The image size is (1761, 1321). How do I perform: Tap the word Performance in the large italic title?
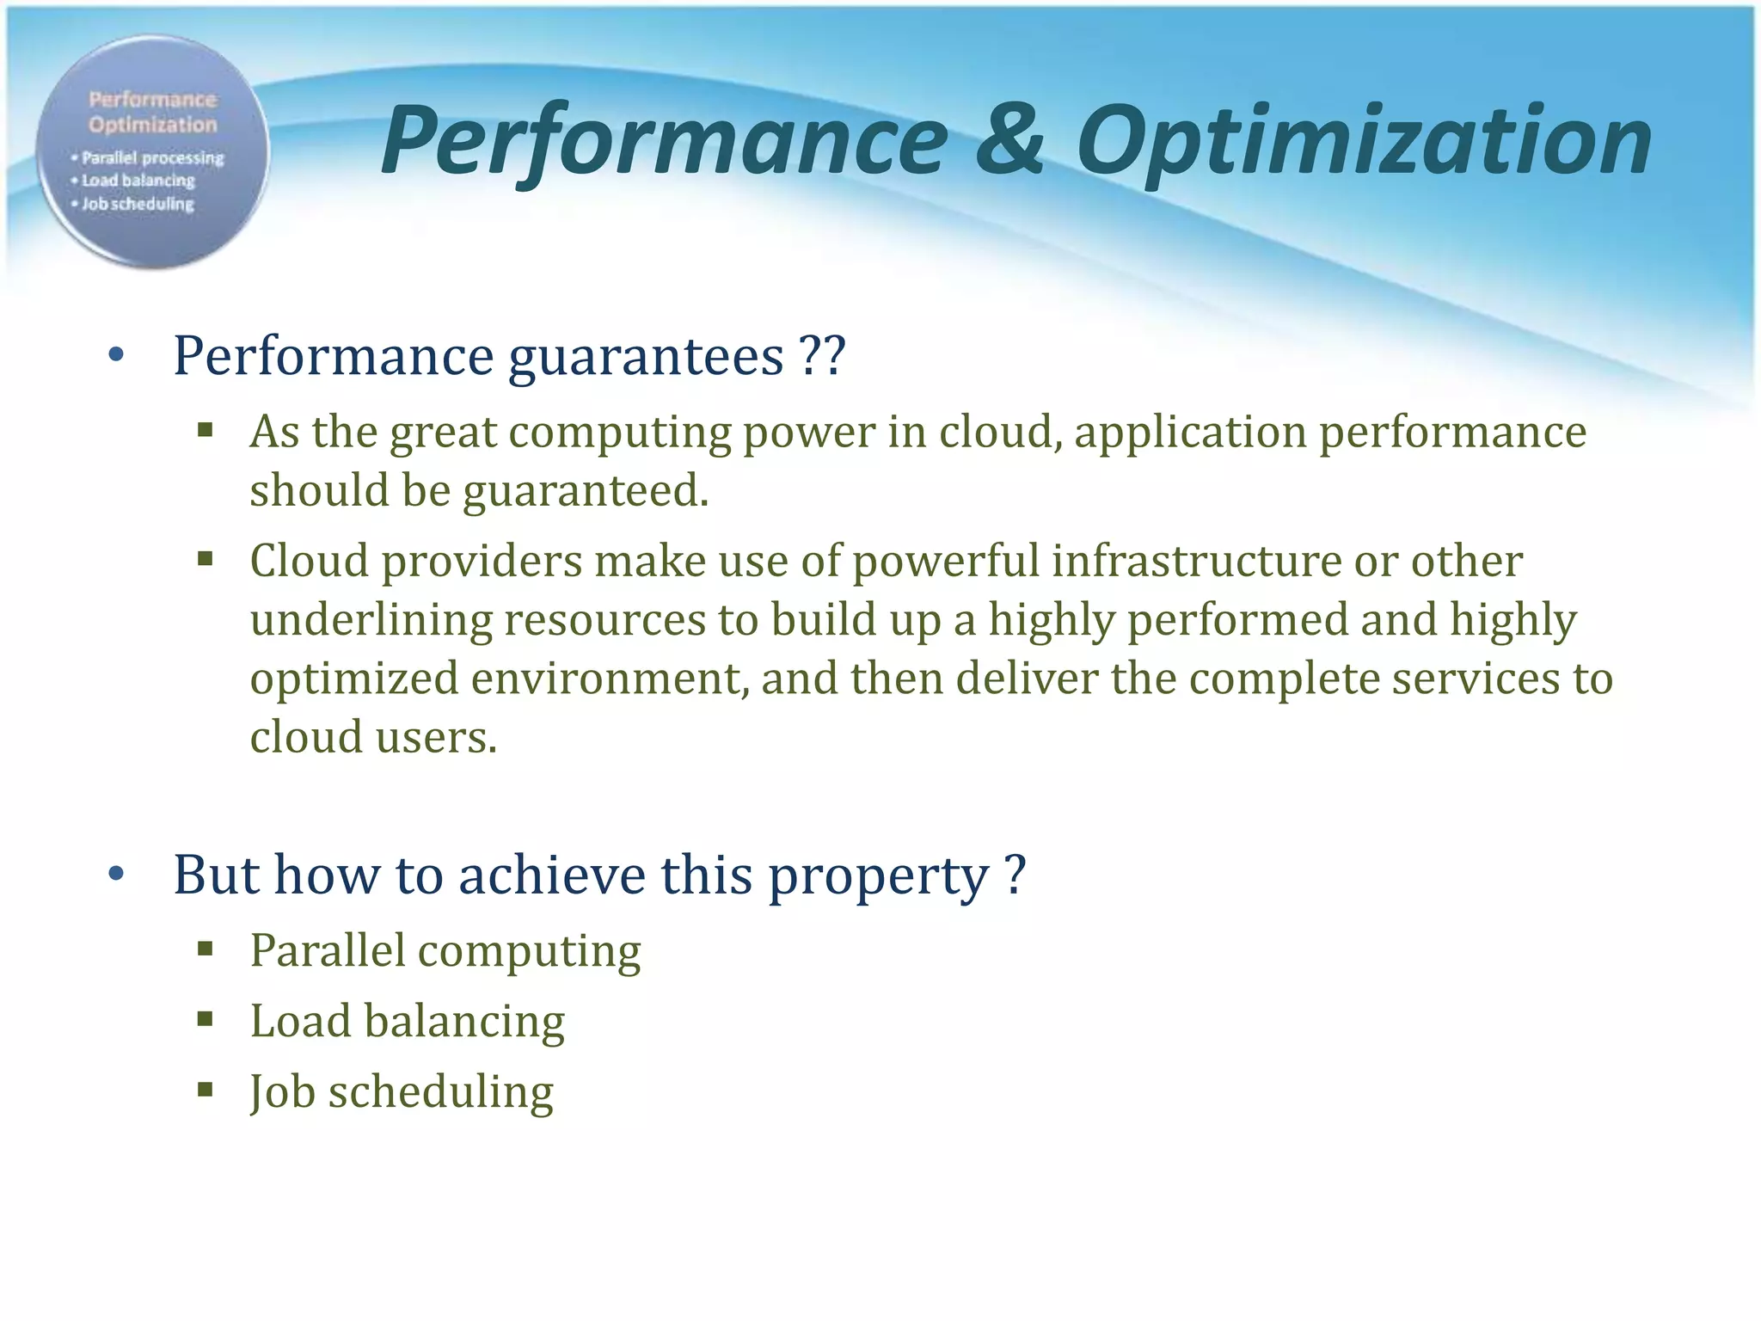point(664,142)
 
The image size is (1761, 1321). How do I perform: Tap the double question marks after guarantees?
point(822,355)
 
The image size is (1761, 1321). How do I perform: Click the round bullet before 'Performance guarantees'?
point(117,355)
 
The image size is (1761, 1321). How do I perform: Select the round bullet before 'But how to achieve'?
point(117,875)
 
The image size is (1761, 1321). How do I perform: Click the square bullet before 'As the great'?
point(205,429)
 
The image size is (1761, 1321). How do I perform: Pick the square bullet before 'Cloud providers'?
point(205,560)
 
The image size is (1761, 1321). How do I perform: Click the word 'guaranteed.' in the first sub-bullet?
point(586,491)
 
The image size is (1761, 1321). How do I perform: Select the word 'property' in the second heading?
point(877,876)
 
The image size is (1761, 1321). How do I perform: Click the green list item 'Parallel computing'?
point(445,951)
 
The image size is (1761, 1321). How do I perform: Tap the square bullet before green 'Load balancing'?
point(205,1020)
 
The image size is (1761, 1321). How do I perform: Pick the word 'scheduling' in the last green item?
point(440,1092)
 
